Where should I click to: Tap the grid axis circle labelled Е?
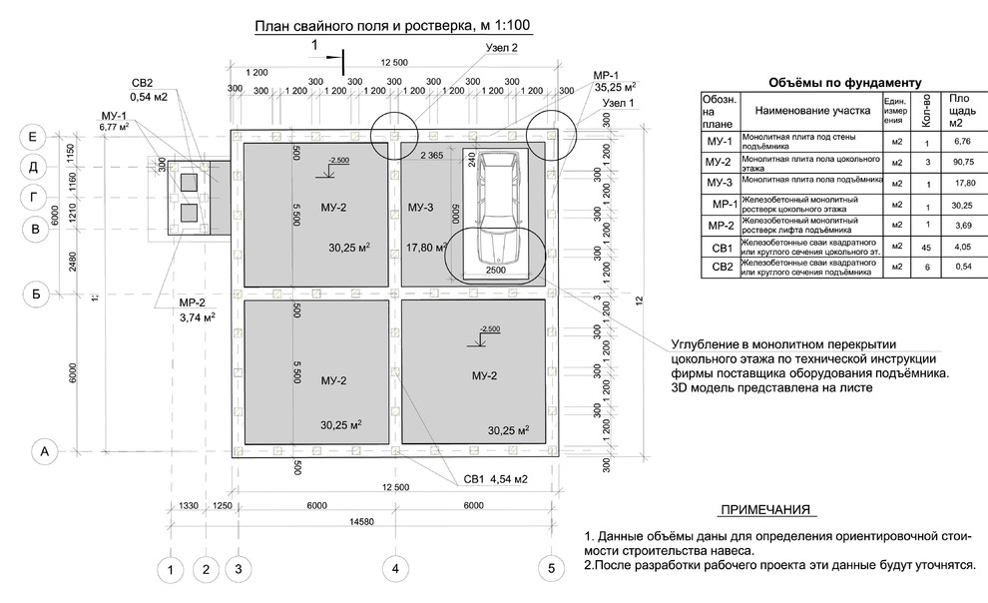[33, 137]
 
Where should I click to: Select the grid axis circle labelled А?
[43, 451]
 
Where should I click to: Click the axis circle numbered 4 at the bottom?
[395, 569]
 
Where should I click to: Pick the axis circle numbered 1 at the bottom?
[172, 570]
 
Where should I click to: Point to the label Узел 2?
[499, 48]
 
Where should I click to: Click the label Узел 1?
[619, 104]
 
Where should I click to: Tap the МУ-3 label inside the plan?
[421, 208]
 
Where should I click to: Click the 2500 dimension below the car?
[495, 271]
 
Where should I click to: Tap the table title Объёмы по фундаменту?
[844, 83]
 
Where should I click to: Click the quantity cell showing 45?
[927, 248]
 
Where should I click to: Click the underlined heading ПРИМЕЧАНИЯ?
[764, 510]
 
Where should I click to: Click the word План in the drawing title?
[275, 27]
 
